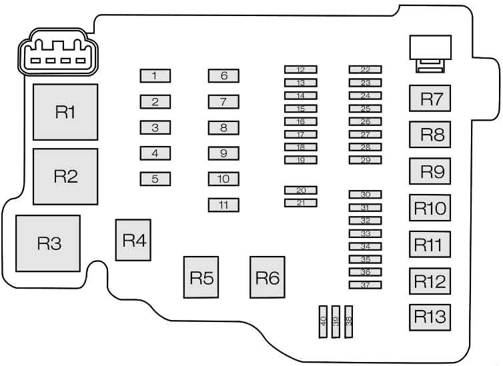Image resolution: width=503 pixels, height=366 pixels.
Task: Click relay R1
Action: (x=65, y=112)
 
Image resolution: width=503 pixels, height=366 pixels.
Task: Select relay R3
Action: (x=48, y=243)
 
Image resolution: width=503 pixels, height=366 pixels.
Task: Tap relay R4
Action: (x=133, y=240)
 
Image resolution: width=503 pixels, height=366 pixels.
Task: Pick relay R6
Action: (x=268, y=277)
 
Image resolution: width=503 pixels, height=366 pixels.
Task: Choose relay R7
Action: (x=430, y=99)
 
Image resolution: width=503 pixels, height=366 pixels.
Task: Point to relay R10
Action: (x=430, y=208)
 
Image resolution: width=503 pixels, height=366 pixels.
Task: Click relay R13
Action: (x=430, y=317)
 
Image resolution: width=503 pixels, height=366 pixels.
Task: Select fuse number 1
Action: (x=155, y=76)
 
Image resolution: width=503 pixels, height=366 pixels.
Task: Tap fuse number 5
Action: (x=155, y=179)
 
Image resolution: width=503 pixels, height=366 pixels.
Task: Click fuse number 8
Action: (x=223, y=127)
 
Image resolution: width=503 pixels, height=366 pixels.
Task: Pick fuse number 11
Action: (x=223, y=205)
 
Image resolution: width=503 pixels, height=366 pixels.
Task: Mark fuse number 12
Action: (x=301, y=69)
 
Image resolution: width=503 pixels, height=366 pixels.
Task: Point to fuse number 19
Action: (x=301, y=160)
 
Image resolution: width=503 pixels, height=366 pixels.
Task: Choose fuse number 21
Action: (x=301, y=203)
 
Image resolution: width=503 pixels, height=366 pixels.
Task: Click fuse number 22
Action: (x=366, y=69)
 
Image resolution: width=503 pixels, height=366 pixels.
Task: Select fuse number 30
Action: (x=366, y=195)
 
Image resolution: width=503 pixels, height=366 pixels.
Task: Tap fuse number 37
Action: (x=366, y=285)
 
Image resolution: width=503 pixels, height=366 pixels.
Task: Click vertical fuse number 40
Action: (x=324, y=321)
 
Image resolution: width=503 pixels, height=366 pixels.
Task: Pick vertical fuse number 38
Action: (x=349, y=321)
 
